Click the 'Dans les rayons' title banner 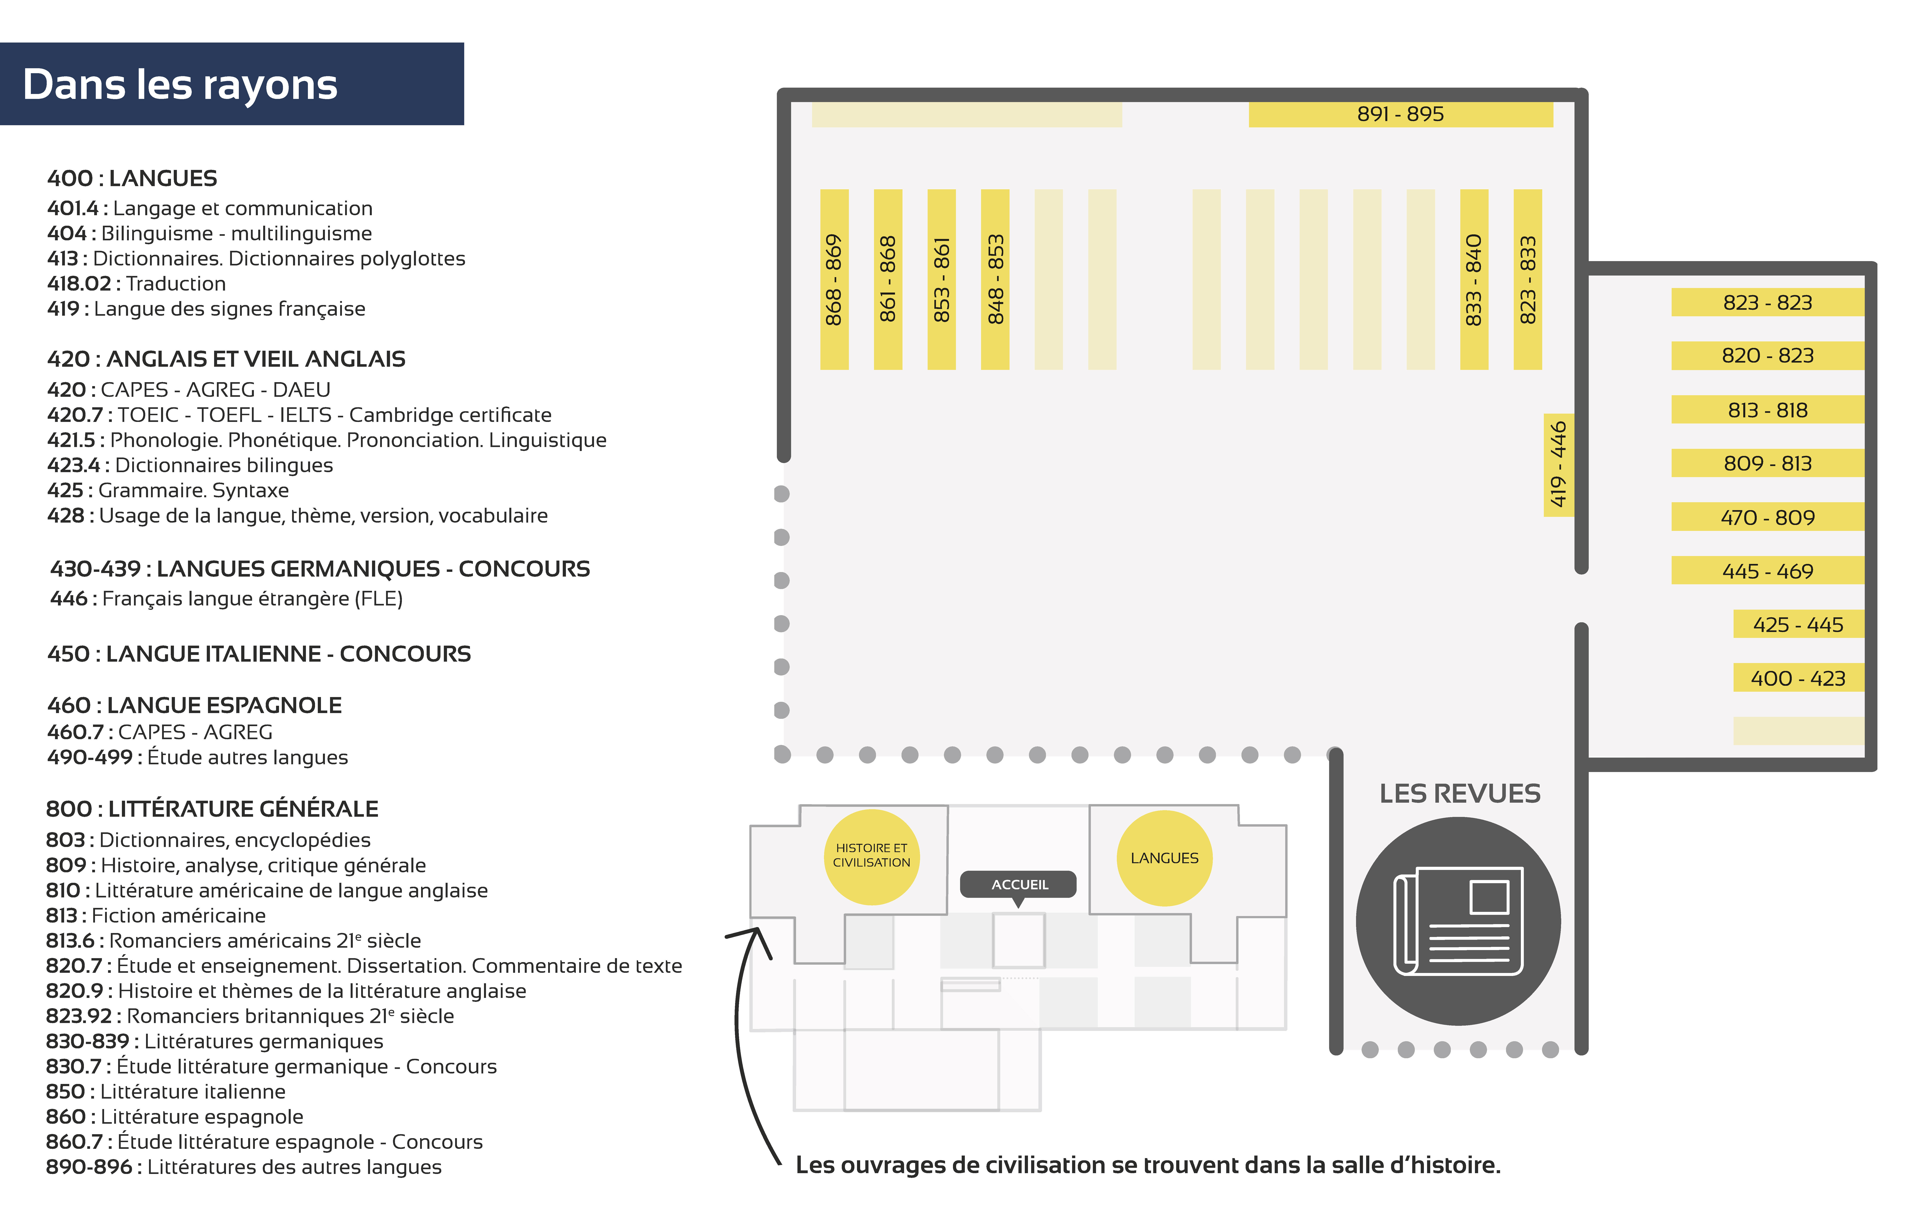pos(232,83)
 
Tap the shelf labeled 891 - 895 pos(1400,114)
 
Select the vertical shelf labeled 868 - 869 pos(834,279)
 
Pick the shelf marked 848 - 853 pos(995,279)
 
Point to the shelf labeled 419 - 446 pos(1558,465)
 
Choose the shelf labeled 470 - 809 pos(1767,517)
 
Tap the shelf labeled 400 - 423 pos(1798,678)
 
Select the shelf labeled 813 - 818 pos(1767,410)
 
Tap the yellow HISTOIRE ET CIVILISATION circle pos(872,857)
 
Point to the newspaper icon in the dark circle pos(1459,921)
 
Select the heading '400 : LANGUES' pos(132,178)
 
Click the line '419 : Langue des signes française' pos(206,309)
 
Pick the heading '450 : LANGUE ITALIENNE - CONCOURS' pos(259,654)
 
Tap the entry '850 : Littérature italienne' pos(166,1092)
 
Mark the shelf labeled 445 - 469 pos(1767,570)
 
